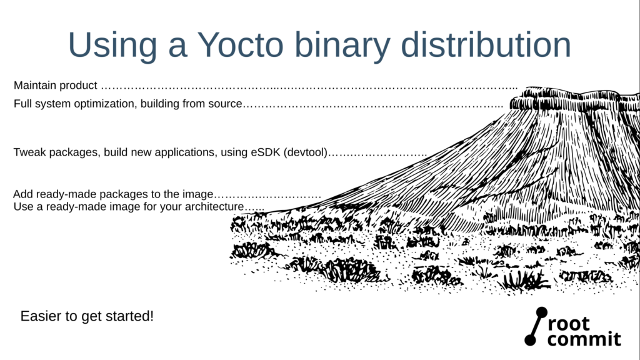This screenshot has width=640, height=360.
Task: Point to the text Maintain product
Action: coord(55,85)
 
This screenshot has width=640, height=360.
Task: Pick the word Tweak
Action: coord(28,152)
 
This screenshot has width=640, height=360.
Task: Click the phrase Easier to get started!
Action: coord(87,316)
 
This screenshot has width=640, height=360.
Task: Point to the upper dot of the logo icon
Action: coord(541,312)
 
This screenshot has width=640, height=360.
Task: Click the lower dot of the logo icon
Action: coord(530,340)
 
